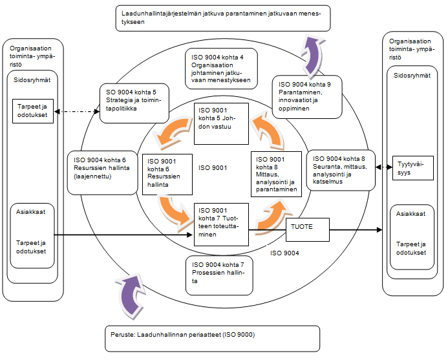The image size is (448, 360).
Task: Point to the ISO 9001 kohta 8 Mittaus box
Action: pyautogui.click(x=276, y=175)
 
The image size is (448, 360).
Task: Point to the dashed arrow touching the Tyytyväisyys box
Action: pyautogui.click(x=386, y=167)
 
